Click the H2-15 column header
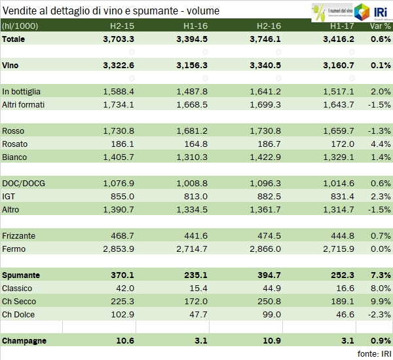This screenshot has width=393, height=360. (x=121, y=27)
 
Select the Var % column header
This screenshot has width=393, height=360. (x=380, y=27)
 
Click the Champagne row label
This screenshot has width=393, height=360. (x=24, y=341)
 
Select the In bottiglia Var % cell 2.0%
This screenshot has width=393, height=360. (x=380, y=91)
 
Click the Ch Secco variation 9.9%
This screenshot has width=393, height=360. (x=380, y=301)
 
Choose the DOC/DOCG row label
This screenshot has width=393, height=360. (x=20, y=183)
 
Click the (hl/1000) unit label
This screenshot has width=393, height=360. (x=19, y=27)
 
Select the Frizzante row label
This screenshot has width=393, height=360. (x=19, y=235)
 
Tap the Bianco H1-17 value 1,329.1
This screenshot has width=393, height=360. (x=339, y=157)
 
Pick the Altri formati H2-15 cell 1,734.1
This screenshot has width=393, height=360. (x=119, y=104)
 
